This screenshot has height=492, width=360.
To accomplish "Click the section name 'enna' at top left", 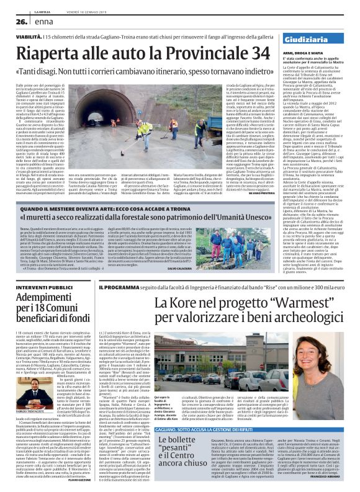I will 41,22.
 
